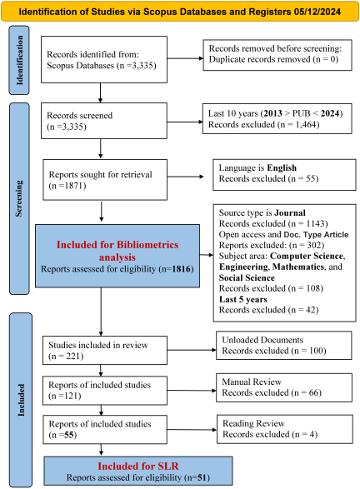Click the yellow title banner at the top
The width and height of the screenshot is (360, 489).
tap(180, 11)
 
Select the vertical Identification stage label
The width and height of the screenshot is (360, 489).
tap(19, 60)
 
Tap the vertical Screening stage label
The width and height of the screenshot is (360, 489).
tap(19, 198)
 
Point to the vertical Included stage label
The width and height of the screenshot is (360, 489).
tap(21, 400)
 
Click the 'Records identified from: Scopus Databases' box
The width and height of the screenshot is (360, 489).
tap(104, 60)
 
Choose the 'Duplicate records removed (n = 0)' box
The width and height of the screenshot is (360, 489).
tap(277, 55)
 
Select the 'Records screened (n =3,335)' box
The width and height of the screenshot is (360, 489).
tap(104, 121)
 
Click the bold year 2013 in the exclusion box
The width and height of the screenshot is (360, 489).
tap(273, 113)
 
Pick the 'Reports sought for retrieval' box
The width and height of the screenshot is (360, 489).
tap(105, 180)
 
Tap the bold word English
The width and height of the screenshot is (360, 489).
tap(282, 167)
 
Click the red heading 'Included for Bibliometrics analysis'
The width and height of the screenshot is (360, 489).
tap(117, 251)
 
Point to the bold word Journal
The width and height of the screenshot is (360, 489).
tap(290, 212)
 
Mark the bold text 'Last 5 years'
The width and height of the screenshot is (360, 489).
tap(243, 299)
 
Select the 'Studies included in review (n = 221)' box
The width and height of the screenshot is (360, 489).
tap(105, 350)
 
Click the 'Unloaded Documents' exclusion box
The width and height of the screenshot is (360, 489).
tap(284, 345)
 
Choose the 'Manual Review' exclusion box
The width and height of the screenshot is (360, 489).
tap(284, 387)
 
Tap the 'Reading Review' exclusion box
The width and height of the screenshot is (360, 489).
tap(285, 429)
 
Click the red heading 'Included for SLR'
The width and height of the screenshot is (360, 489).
tap(138, 466)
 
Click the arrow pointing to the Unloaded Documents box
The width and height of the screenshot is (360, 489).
tap(192, 350)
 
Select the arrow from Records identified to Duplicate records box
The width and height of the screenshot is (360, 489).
tap(185, 58)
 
